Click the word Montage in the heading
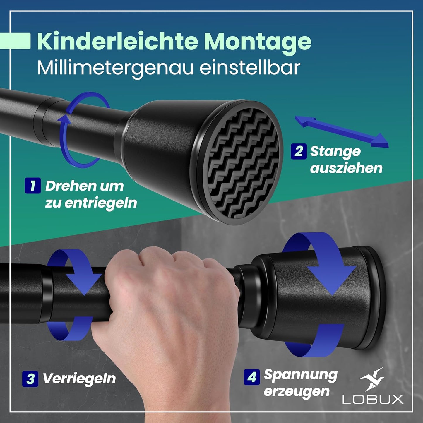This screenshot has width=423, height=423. click(258, 42)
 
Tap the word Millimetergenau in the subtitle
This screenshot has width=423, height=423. click(115, 68)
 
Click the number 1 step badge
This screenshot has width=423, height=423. click(32, 185)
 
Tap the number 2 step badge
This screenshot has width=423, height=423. click(299, 151)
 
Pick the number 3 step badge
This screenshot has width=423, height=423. click(30, 379)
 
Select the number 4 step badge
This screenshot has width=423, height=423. click(251, 377)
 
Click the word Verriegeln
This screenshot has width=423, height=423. click(79, 379)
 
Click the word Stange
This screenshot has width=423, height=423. click(335, 151)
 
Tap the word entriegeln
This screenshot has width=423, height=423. click(100, 203)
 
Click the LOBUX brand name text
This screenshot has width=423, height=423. click(373, 399)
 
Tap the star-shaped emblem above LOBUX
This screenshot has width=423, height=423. click(372, 380)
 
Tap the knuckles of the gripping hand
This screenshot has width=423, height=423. click(164, 261)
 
